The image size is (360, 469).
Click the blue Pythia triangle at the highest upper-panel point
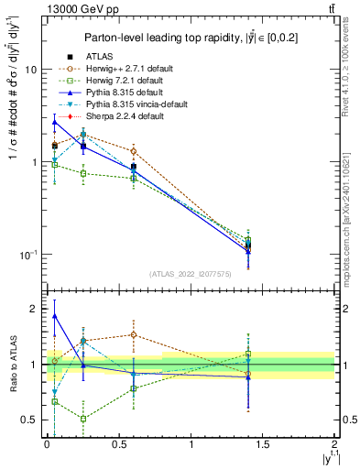click(55, 122)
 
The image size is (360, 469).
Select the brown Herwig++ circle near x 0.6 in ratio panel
click(134, 334)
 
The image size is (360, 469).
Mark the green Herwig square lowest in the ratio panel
click(83, 419)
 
